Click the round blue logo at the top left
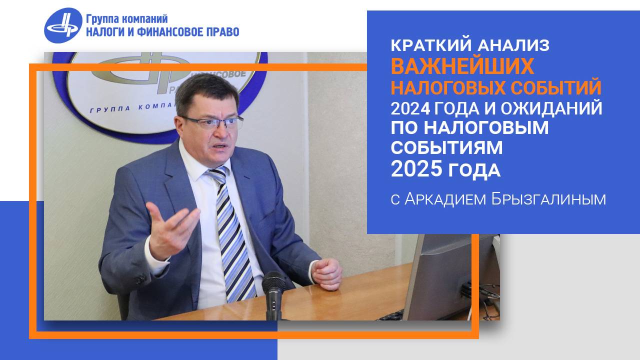point(63,25)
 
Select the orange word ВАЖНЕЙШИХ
point(462,66)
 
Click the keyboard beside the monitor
point(392,315)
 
